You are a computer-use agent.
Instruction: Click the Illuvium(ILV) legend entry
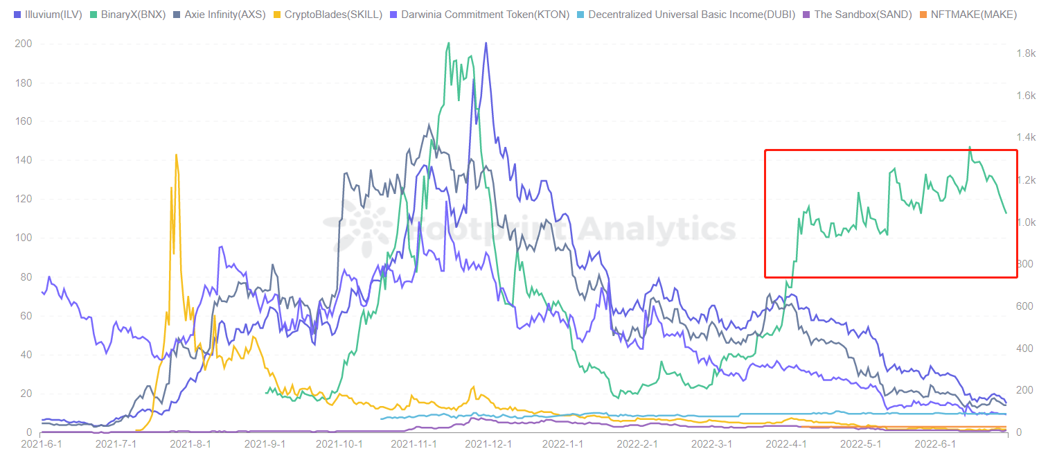tap(53, 14)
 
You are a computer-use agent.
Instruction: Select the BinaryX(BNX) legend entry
tap(132, 14)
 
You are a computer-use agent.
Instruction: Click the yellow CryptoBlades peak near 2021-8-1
tap(177, 155)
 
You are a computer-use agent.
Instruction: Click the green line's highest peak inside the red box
tap(969, 147)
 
